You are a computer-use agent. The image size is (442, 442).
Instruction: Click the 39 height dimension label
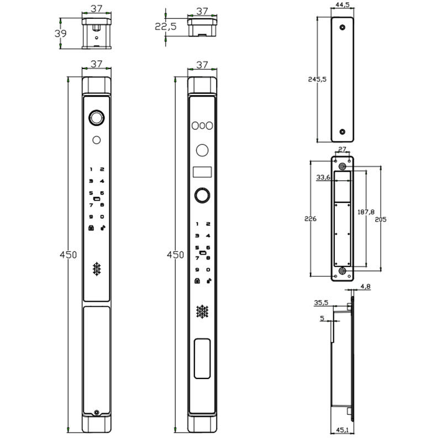pos(60,34)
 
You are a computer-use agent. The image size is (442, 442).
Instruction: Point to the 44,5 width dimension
pos(343,5)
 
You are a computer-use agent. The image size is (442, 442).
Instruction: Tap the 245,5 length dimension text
pos(317,79)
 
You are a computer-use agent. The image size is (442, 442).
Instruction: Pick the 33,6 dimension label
pos(323,177)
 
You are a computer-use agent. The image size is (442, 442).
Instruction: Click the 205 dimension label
pos(380,219)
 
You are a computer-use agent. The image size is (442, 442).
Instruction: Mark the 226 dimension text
pos(311,219)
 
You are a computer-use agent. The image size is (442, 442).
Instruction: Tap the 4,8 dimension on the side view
pos(365,287)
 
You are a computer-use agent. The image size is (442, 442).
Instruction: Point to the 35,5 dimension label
pos(321,303)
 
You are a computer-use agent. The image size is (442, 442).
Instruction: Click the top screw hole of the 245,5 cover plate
pos(343,27)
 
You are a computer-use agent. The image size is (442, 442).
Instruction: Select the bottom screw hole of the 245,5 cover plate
pos(343,131)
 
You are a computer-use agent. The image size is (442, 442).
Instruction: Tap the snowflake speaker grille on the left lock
pos(97,269)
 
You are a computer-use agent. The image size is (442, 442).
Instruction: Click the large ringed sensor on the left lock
pos(97,118)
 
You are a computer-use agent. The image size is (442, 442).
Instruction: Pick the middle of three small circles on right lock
pos(202,125)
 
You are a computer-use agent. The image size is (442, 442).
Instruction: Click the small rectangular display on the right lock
pos(202,172)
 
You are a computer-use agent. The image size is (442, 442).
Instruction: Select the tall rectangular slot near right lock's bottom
pos(202,359)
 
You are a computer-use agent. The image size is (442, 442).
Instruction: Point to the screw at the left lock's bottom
pos(97,413)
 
